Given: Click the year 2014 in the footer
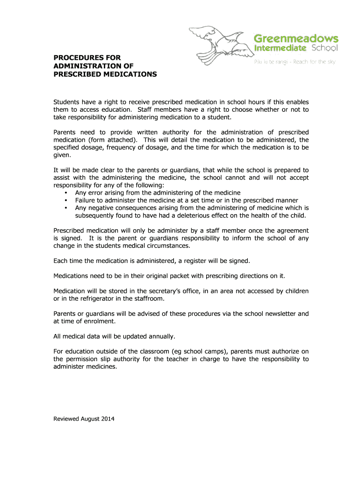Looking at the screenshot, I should pyautogui.click(x=107, y=419).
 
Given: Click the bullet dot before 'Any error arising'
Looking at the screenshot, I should pyautogui.click(x=65, y=193).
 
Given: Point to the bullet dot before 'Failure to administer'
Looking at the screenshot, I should pyautogui.click(x=65, y=200).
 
